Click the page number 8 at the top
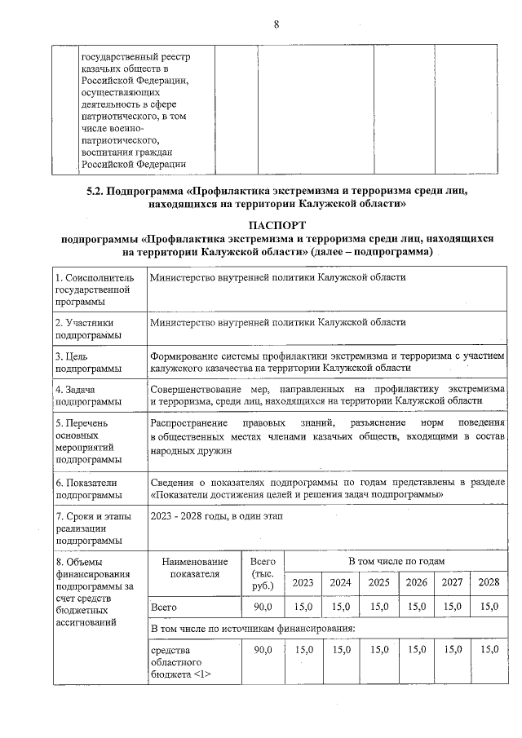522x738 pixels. pyautogui.click(x=276, y=24)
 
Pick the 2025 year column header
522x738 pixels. pyautogui.click(x=378, y=582)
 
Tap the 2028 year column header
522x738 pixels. pyautogui.click(x=489, y=582)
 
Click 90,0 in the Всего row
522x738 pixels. pyautogui.click(x=263, y=608)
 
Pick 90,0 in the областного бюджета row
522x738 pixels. pyautogui.click(x=263, y=649)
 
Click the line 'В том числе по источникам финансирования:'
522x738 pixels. pyautogui.click(x=253, y=629)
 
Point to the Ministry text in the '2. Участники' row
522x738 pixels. pyautogui.click(x=277, y=322)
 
